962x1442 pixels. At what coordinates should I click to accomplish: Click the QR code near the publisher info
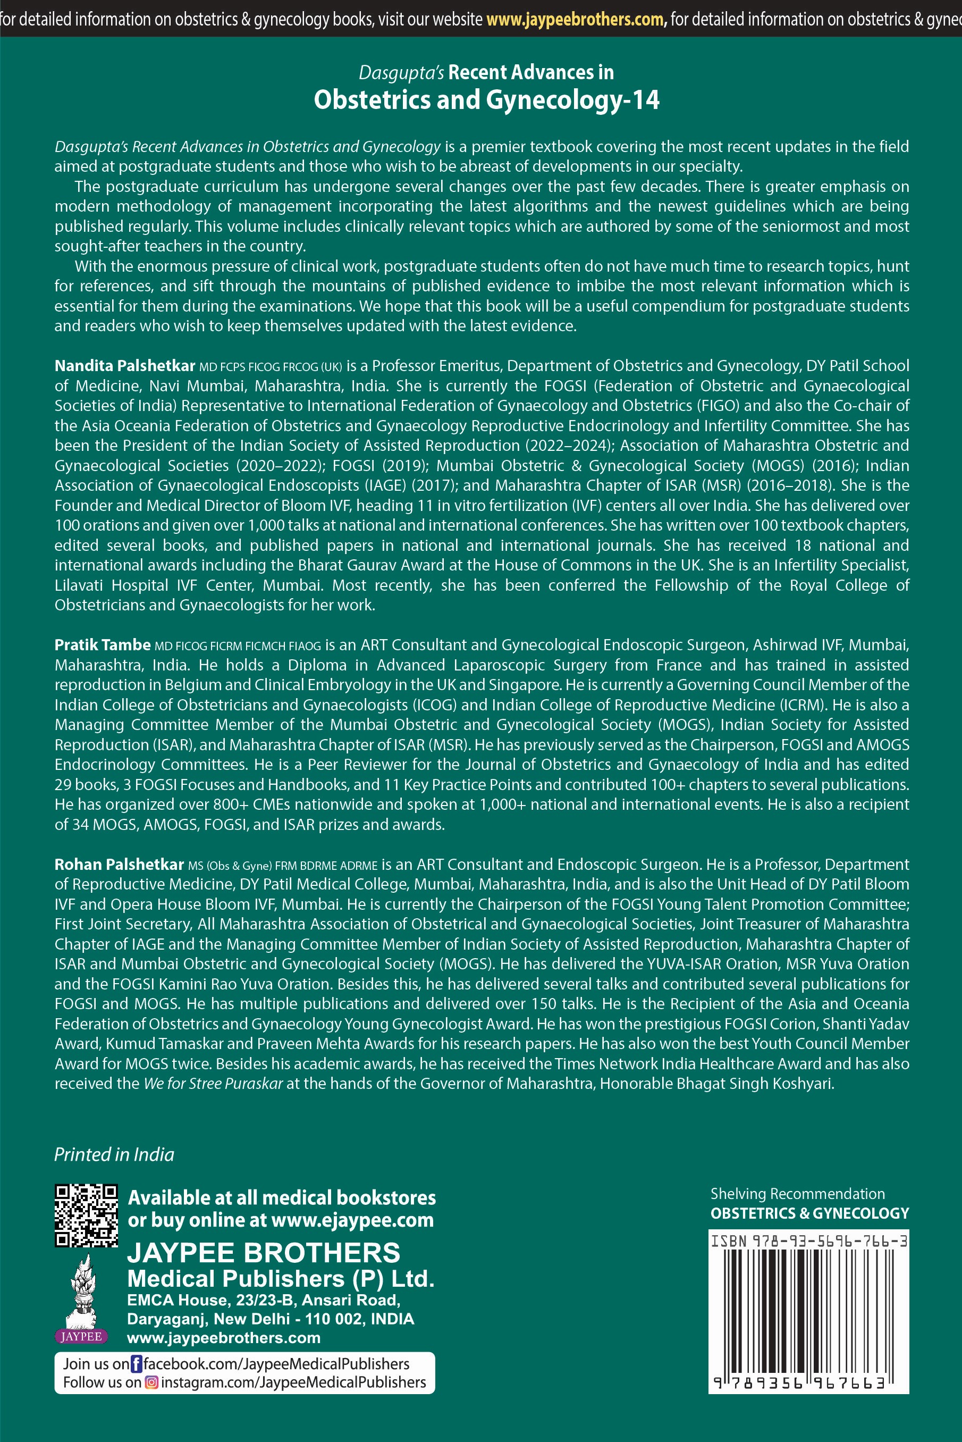click(86, 1215)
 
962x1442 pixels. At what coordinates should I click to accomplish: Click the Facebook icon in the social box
click(136, 1363)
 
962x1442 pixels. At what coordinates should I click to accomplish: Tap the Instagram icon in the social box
click(151, 1382)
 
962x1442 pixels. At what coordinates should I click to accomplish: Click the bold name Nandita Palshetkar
click(124, 366)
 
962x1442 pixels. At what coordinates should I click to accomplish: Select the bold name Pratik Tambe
click(103, 645)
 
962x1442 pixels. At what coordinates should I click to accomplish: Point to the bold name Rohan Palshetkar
click(119, 865)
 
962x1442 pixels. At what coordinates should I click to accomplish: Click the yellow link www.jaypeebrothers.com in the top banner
click(576, 20)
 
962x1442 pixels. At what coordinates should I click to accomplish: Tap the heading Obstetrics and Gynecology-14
click(486, 100)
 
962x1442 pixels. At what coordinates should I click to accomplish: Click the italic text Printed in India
click(114, 1154)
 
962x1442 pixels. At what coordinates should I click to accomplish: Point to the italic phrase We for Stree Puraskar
click(213, 1084)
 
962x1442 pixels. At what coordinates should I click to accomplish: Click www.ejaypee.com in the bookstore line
click(352, 1220)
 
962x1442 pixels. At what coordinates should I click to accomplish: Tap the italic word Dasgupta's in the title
click(401, 72)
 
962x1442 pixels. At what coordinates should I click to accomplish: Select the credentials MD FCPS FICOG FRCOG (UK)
click(271, 367)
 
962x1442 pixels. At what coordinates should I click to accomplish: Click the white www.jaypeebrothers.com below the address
click(223, 1338)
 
